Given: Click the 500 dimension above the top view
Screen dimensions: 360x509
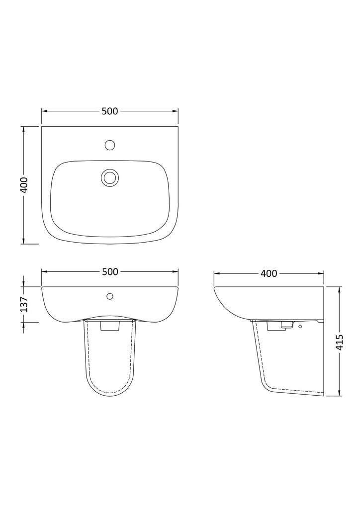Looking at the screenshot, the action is [x=110, y=111].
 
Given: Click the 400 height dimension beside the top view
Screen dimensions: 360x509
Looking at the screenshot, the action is [x=25, y=185].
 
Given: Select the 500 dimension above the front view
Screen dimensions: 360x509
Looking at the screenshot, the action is [x=110, y=272].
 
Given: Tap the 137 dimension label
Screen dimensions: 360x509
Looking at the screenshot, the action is [x=25, y=305].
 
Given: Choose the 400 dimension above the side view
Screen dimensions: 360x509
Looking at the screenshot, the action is [x=269, y=274].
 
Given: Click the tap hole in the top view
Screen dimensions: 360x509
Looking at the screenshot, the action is [x=110, y=145].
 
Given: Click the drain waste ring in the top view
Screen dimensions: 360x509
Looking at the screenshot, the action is [x=110, y=177].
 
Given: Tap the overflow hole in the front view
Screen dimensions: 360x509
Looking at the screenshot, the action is [x=110, y=296].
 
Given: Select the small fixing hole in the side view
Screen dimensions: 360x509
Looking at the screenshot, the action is [x=300, y=326].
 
